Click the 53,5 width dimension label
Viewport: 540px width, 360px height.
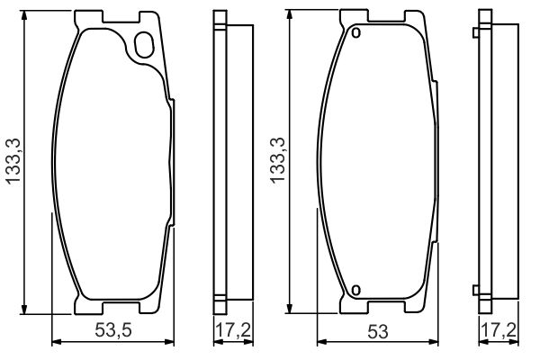(x=112, y=330)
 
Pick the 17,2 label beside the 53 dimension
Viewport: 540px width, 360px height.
(x=496, y=330)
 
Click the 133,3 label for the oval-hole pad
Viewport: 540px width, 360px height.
(x=13, y=161)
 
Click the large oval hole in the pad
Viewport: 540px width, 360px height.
(x=143, y=45)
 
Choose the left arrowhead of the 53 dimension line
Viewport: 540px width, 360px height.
(x=320, y=340)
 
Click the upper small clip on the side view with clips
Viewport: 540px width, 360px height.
(x=475, y=34)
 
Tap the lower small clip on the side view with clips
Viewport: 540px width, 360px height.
(x=475, y=289)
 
